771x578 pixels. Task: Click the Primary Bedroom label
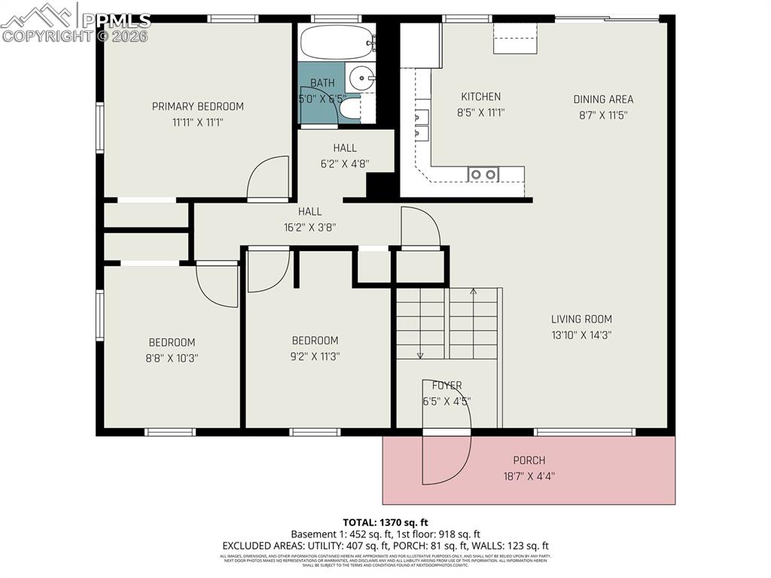(197, 106)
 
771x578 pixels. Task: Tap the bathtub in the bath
(337, 42)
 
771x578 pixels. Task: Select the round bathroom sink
(363, 77)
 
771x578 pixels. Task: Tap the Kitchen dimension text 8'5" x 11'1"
(480, 113)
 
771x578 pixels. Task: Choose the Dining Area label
(603, 99)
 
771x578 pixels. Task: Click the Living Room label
(581, 319)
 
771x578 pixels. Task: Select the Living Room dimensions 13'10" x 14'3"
(581, 335)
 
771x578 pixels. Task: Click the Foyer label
(447, 386)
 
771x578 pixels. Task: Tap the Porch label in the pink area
(529, 460)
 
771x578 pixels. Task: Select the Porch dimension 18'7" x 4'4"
(529, 476)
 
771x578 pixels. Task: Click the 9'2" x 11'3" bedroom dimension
(315, 357)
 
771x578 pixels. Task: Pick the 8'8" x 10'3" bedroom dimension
(172, 359)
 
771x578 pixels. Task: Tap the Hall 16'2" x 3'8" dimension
(309, 227)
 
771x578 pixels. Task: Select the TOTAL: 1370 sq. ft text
(385, 521)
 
